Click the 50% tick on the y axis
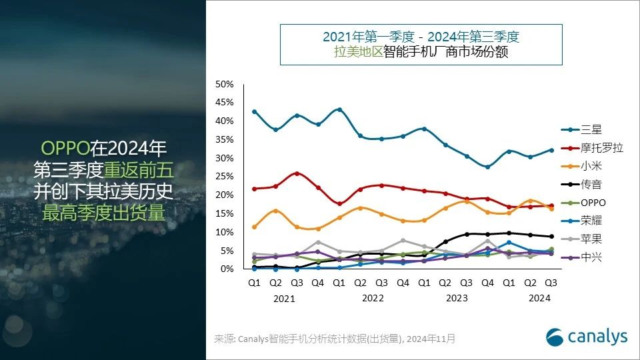224,84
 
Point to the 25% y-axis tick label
224,177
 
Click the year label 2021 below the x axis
284,299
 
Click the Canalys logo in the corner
587,337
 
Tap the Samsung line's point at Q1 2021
254,112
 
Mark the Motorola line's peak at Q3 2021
297,173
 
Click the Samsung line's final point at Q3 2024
551,150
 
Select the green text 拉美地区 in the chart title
358,52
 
